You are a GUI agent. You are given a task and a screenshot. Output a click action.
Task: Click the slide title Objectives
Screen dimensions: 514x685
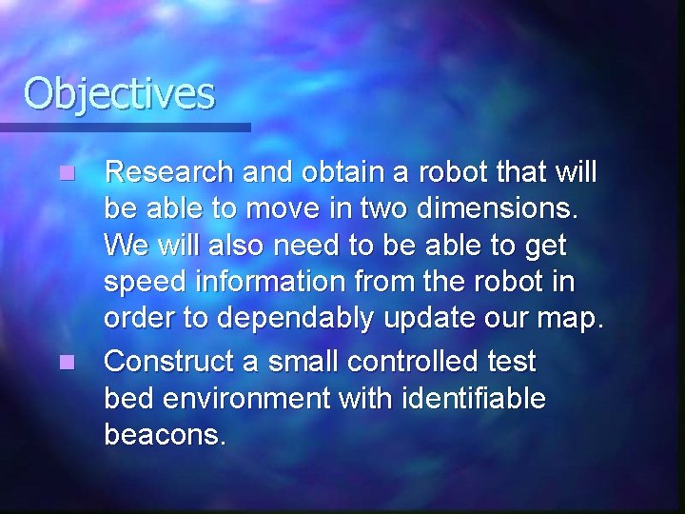(x=120, y=93)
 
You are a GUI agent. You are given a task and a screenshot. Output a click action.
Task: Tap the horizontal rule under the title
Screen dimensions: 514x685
(x=125, y=127)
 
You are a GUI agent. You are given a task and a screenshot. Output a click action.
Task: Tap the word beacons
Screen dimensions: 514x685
(x=165, y=436)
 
